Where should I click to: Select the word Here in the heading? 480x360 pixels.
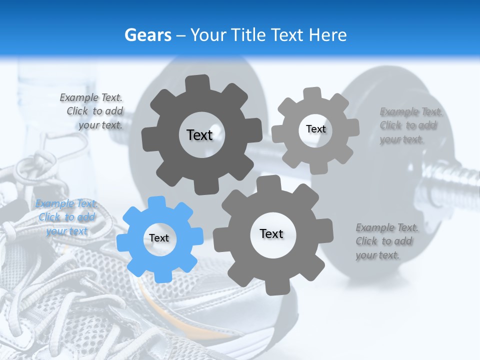click(x=327, y=35)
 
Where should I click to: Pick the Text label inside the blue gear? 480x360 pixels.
click(x=159, y=238)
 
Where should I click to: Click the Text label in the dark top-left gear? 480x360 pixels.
click(x=199, y=135)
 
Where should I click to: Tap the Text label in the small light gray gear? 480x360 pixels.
click(x=315, y=129)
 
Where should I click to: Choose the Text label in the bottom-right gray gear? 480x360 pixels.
click(x=271, y=233)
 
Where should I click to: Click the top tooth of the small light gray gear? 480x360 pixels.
click(x=313, y=93)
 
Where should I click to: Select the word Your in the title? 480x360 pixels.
click(x=209, y=35)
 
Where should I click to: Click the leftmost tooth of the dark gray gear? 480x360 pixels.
click(x=148, y=137)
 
